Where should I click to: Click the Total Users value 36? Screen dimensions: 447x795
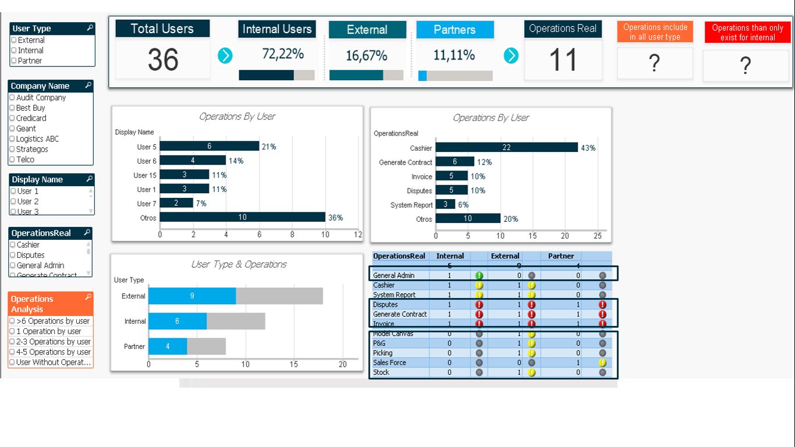[162, 59]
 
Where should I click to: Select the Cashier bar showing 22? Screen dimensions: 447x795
[506, 148]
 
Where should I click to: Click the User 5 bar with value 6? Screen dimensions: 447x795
[209, 147]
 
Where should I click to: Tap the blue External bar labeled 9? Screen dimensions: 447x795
[192, 296]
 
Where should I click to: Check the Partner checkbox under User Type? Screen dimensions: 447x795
[13, 61]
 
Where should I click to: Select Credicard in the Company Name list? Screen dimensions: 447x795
[31, 118]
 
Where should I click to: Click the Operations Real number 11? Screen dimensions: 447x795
[563, 60]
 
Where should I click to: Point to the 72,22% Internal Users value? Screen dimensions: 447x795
[282, 55]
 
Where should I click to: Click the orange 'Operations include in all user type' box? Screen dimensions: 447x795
[655, 32]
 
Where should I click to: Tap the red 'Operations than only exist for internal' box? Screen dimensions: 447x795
[747, 33]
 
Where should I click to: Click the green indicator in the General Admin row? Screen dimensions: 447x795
[479, 276]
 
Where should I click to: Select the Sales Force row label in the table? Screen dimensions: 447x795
[390, 363]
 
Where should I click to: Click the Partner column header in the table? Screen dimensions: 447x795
[561, 256]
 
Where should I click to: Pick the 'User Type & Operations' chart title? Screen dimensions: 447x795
[239, 264]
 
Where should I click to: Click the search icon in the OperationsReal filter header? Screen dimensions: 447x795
[88, 232]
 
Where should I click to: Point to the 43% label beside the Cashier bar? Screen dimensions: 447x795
[588, 148]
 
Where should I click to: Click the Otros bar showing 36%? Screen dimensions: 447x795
[242, 217]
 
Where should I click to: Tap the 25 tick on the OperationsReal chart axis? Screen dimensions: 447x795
[597, 236]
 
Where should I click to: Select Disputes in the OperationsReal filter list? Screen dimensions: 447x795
[30, 255]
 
